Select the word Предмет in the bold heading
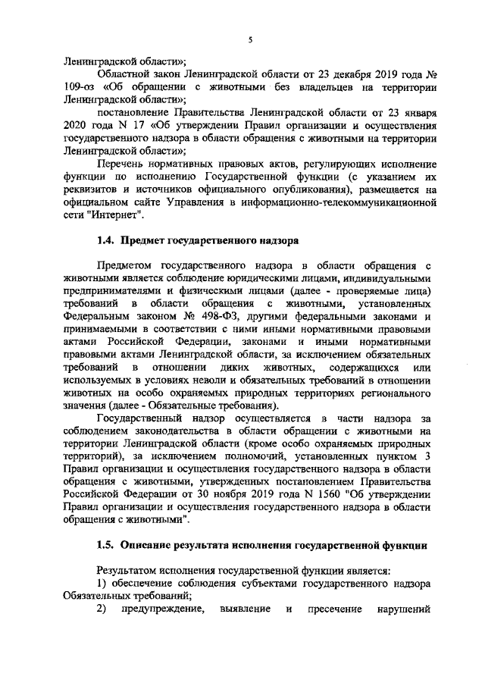click(x=149, y=242)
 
